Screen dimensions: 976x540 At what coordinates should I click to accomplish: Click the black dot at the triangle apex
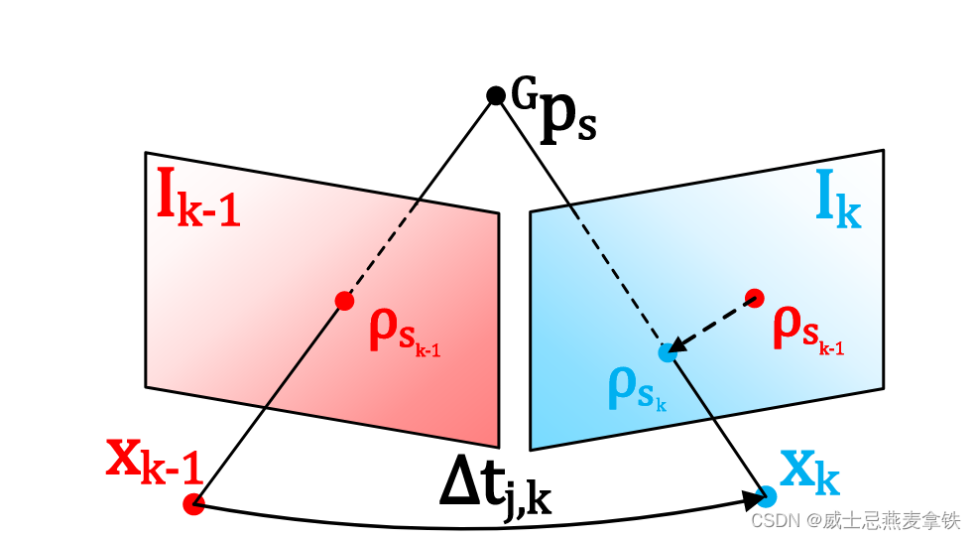(x=496, y=95)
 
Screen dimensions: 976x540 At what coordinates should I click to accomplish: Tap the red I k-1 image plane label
(x=198, y=202)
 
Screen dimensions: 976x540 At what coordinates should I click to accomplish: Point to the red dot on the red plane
(x=344, y=301)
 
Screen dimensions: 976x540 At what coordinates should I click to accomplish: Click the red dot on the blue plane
(x=754, y=297)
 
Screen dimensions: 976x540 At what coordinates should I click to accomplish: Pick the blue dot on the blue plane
(x=668, y=351)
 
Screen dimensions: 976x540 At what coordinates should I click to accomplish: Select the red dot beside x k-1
(x=193, y=504)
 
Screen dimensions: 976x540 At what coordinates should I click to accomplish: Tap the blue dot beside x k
(x=767, y=493)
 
